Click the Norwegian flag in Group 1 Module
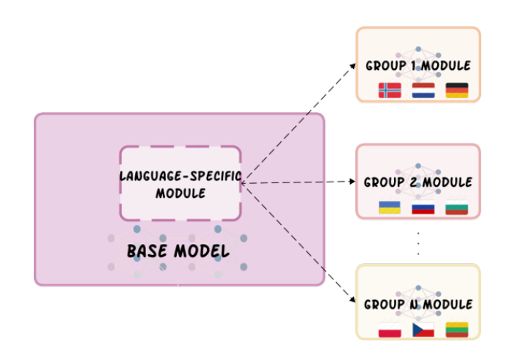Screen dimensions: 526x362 390,91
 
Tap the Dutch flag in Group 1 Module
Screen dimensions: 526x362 423,91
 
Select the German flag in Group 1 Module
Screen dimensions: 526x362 457,91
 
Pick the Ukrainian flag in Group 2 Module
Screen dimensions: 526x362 390,207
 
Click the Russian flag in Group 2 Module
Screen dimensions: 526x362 423,207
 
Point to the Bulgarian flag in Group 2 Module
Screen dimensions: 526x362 456,207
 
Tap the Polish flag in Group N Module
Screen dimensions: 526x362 390,330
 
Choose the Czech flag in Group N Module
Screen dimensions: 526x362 423,330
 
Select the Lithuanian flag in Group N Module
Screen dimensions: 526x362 457,330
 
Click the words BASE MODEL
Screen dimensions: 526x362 178,251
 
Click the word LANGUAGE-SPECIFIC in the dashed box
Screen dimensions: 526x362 180,176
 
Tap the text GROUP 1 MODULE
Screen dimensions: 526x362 418,66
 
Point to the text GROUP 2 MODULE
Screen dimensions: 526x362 418,182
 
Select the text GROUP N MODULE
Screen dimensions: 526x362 418,304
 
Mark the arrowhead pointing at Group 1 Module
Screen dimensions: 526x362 353,66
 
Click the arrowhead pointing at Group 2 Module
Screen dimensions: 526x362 352,181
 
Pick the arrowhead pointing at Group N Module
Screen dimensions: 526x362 352,299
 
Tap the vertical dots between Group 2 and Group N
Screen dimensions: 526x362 418,244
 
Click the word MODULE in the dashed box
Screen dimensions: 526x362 180,193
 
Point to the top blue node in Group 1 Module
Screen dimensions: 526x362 418,49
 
